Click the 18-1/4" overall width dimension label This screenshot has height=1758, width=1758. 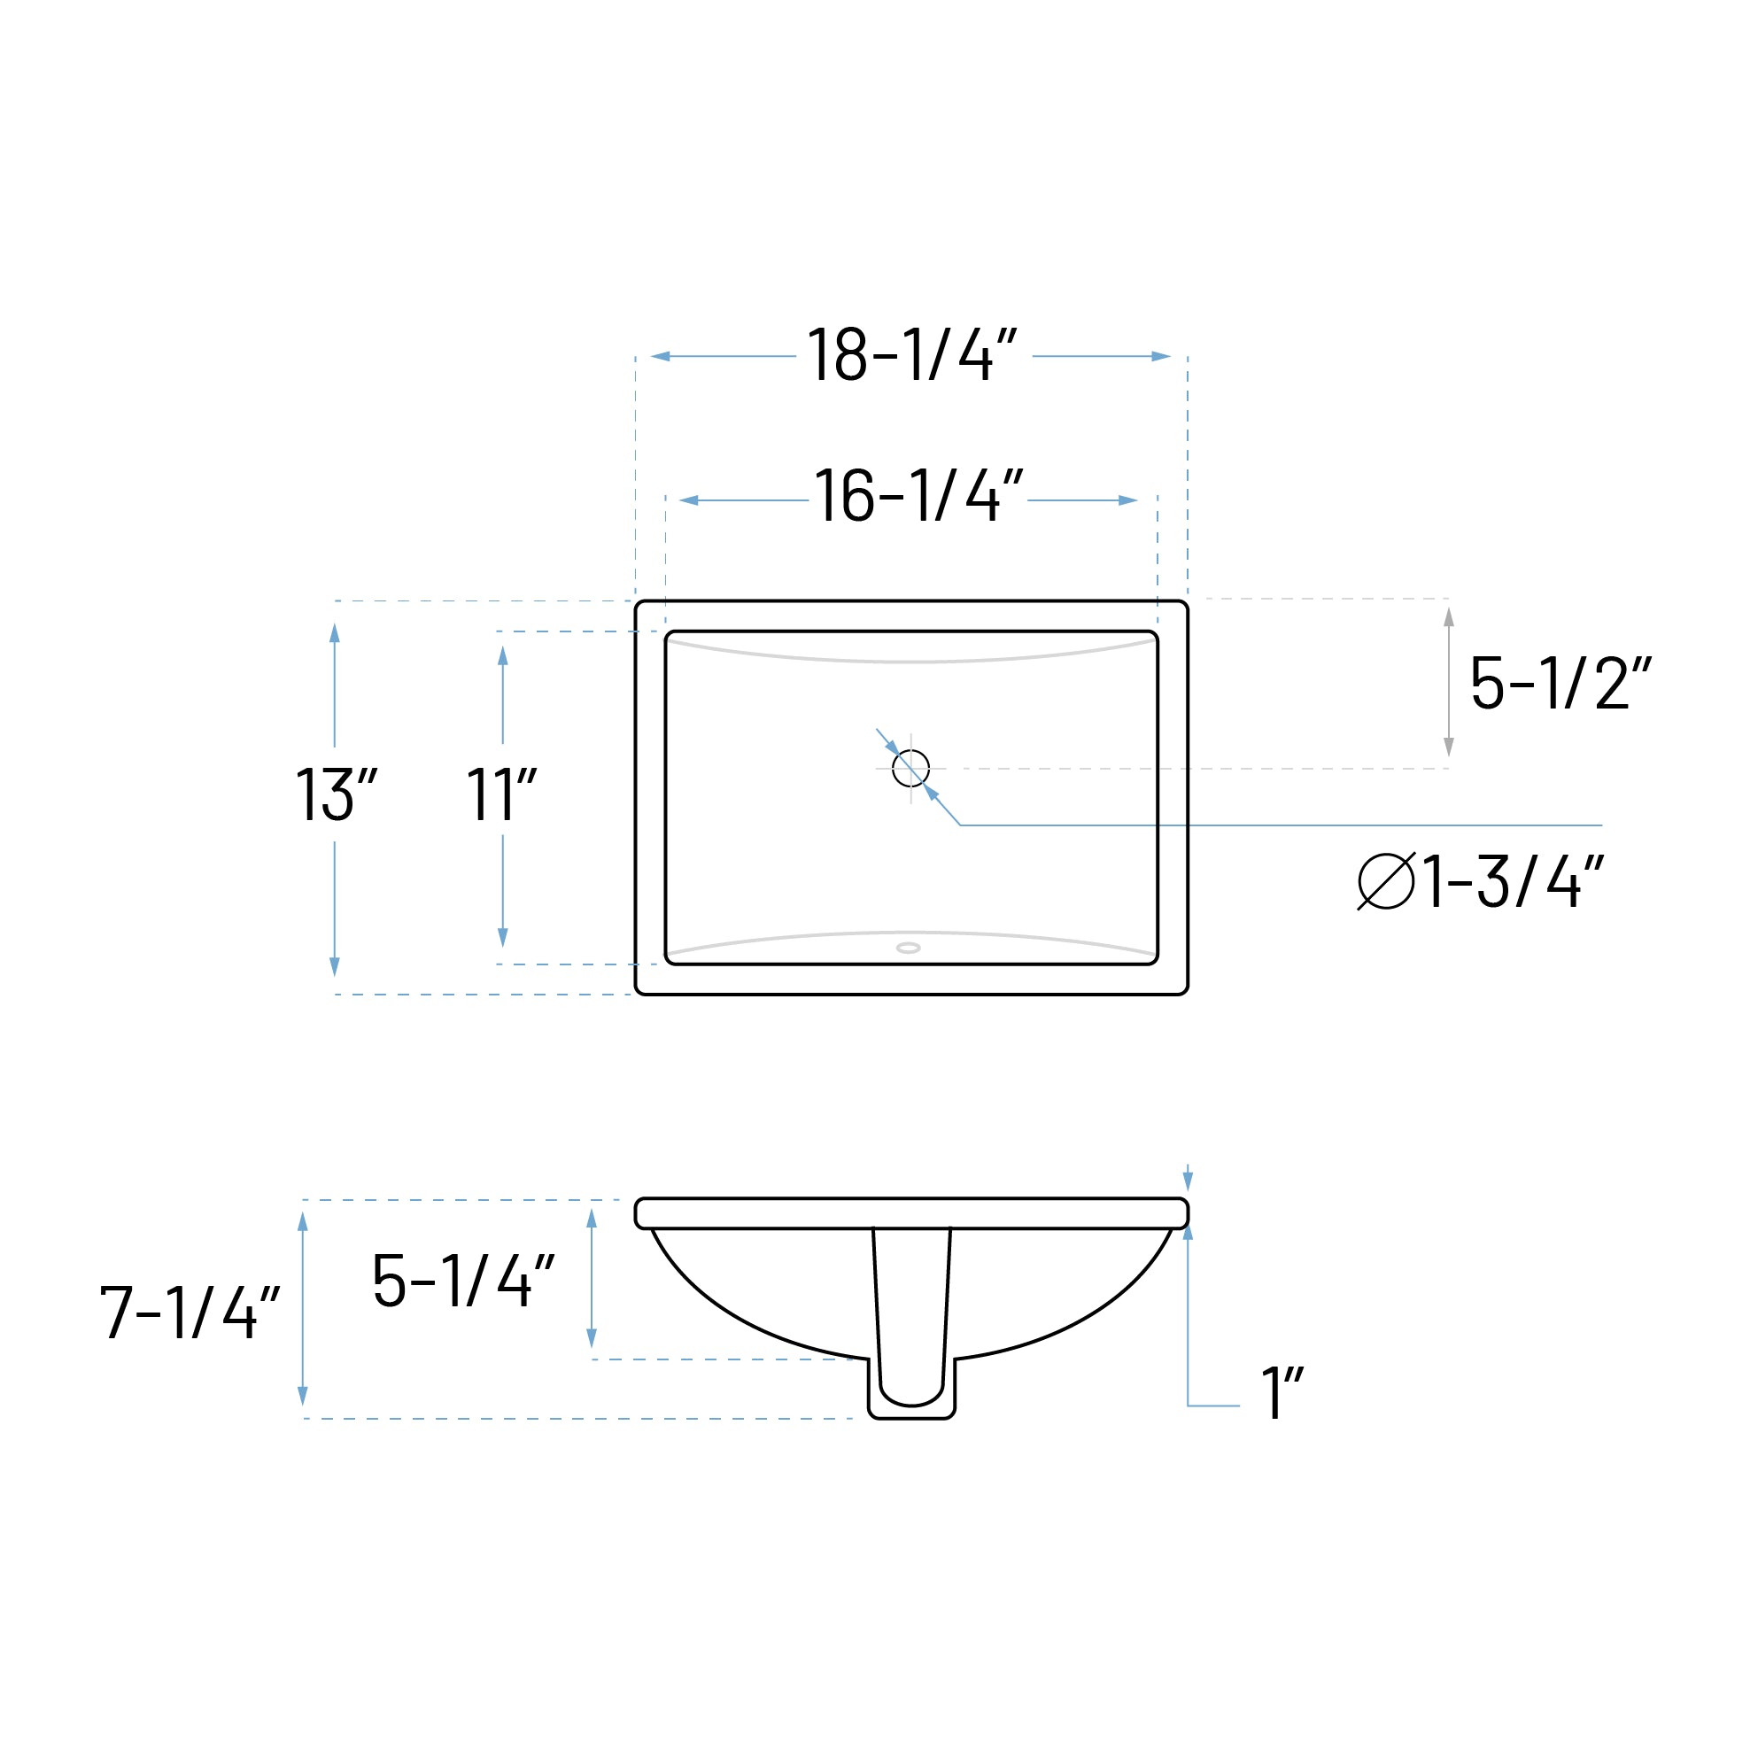(x=913, y=355)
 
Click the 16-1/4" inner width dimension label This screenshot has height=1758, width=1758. (x=918, y=497)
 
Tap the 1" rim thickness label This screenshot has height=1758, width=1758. (x=1282, y=1393)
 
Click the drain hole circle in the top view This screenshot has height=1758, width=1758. (x=910, y=768)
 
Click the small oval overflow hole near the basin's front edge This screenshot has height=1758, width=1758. (x=908, y=949)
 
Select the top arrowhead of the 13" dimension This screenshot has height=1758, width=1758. (x=335, y=633)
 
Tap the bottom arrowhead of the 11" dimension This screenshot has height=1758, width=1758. (x=503, y=936)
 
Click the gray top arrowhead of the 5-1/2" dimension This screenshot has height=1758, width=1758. (x=1449, y=617)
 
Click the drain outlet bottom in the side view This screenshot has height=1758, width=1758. (x=910, y=1415)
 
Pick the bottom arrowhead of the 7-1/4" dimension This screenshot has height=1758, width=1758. (x=303, y=1395)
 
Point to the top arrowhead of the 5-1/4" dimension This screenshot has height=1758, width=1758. (x=592, y=1219)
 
